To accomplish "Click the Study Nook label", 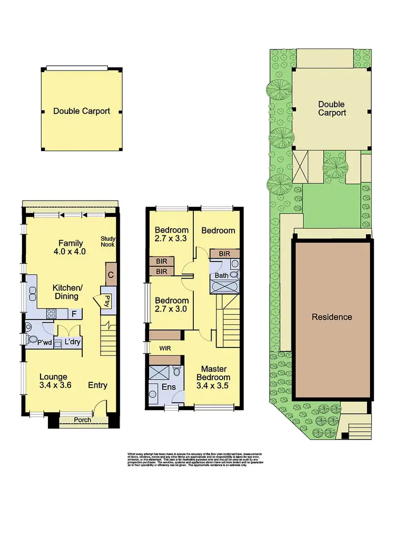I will click(108, 242).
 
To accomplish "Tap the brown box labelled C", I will click(111, 274).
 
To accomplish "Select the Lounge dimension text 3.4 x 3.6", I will click(55, 385).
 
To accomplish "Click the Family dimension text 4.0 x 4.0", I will click(71, 252).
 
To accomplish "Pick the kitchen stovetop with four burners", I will click(52, 314).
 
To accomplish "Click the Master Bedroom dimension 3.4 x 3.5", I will click(213, 385).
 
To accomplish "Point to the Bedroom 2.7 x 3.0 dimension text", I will click(171, 309).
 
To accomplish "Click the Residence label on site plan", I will click(332, 317).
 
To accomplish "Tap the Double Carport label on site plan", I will click(332, 109).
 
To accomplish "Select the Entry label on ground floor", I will click(97, 385).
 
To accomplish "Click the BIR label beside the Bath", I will click(224, 254).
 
